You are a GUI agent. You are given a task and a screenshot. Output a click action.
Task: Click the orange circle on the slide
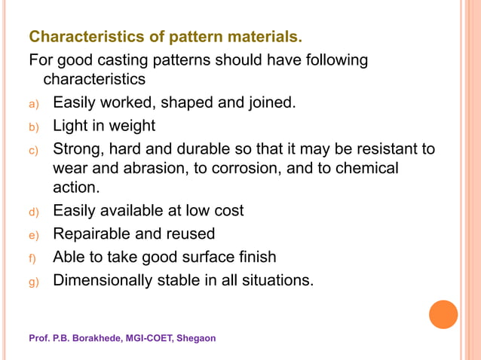click(x=443, y=314)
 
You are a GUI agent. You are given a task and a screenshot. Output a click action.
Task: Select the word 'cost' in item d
click(x=227, y=211)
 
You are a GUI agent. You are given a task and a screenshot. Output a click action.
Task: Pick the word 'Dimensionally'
click(x=103, y=280)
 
